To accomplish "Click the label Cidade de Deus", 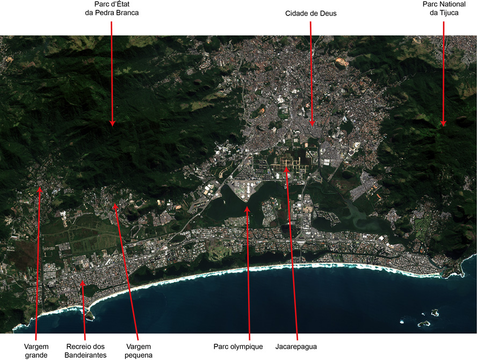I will [310, 13].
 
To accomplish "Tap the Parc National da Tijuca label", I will [444, 9].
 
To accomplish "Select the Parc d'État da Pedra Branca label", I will [112, 9].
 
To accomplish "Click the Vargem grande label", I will [37, 350].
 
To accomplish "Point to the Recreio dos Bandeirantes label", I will [85, 350].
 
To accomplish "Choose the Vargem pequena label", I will [139, 350].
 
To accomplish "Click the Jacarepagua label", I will [296, 347].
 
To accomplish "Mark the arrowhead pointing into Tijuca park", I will [444, 124].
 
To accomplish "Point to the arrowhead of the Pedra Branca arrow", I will [112, 123].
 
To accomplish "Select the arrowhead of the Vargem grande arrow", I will [39, 189].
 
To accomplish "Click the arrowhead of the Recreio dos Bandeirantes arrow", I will [82, 282].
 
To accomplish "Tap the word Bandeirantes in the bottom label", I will [85, 355].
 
